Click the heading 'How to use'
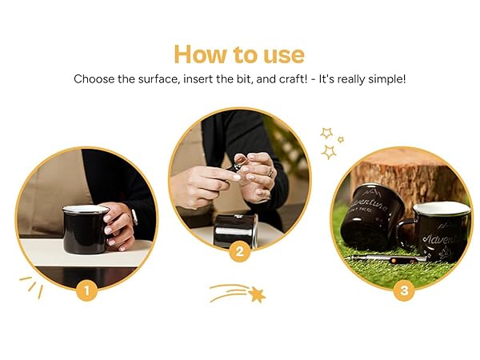pyautogui.click(x=239, y=54)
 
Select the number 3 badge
pyautogui.click(x=403, y=290)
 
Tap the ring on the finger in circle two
pyautogui.click(x=270, y=172)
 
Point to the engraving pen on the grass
pyautogui.click(x=392, y=260)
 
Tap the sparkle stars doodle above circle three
pyautogui.click(x=330, y=142)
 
